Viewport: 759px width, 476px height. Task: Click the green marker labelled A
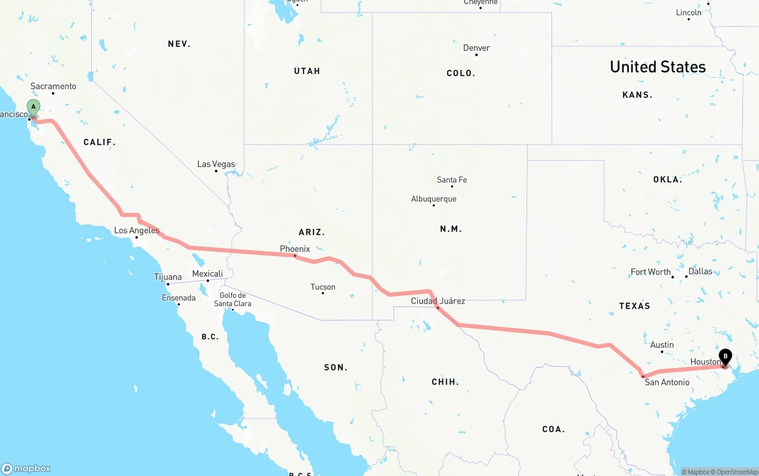[34, 108]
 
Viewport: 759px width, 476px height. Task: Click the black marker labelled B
[725, 357]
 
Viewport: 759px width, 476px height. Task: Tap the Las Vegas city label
[216, 164]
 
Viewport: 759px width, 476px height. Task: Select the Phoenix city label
[295, 249]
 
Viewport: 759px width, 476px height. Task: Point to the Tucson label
[323, 287]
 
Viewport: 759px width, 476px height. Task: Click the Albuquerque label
[433, 199]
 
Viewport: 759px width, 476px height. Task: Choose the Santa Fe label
[451, 180]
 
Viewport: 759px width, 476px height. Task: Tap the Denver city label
[476, 48]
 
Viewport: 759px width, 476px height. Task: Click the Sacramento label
[53, 87]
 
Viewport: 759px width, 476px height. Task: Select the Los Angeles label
[136, 231]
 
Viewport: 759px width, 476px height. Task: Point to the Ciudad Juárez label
[438, 301]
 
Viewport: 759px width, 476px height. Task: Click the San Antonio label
[667, 382]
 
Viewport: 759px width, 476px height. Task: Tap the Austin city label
[662, 345]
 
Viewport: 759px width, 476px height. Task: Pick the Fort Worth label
[650, 272]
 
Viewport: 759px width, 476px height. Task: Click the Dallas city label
[700, 271]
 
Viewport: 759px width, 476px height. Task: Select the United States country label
[658, 67]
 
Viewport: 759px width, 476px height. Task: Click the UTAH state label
[307, 71]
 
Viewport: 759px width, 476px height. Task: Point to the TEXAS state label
[634, 306]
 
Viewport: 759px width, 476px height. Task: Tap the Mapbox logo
[26, 468]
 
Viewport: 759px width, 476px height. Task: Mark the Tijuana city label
[168, 277]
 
